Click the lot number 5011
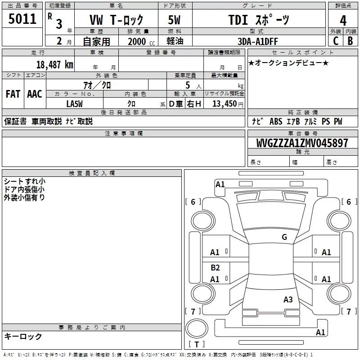tap(22, 18)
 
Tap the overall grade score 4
tap(343, 20)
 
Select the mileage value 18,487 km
tap(54, 64)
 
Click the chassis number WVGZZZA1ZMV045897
tap(302, 143)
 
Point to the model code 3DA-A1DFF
tap(257, 41)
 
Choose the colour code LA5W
tap(74, 104)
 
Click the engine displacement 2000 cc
tap(141, 41)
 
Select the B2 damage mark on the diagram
tap(215, 267)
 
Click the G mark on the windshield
tap(284, 237)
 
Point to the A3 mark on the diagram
tap(288, 299)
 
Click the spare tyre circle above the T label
tap(197, 328)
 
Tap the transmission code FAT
tap(13, 94)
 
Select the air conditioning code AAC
tap(35, 94)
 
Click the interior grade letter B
tap(350, 41)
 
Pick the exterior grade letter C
tap(335, 41)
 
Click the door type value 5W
tap(174, 20)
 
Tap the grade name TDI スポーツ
tap(259, 20)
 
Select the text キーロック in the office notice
tap(23, 336)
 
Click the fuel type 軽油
tap(175, 41)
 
